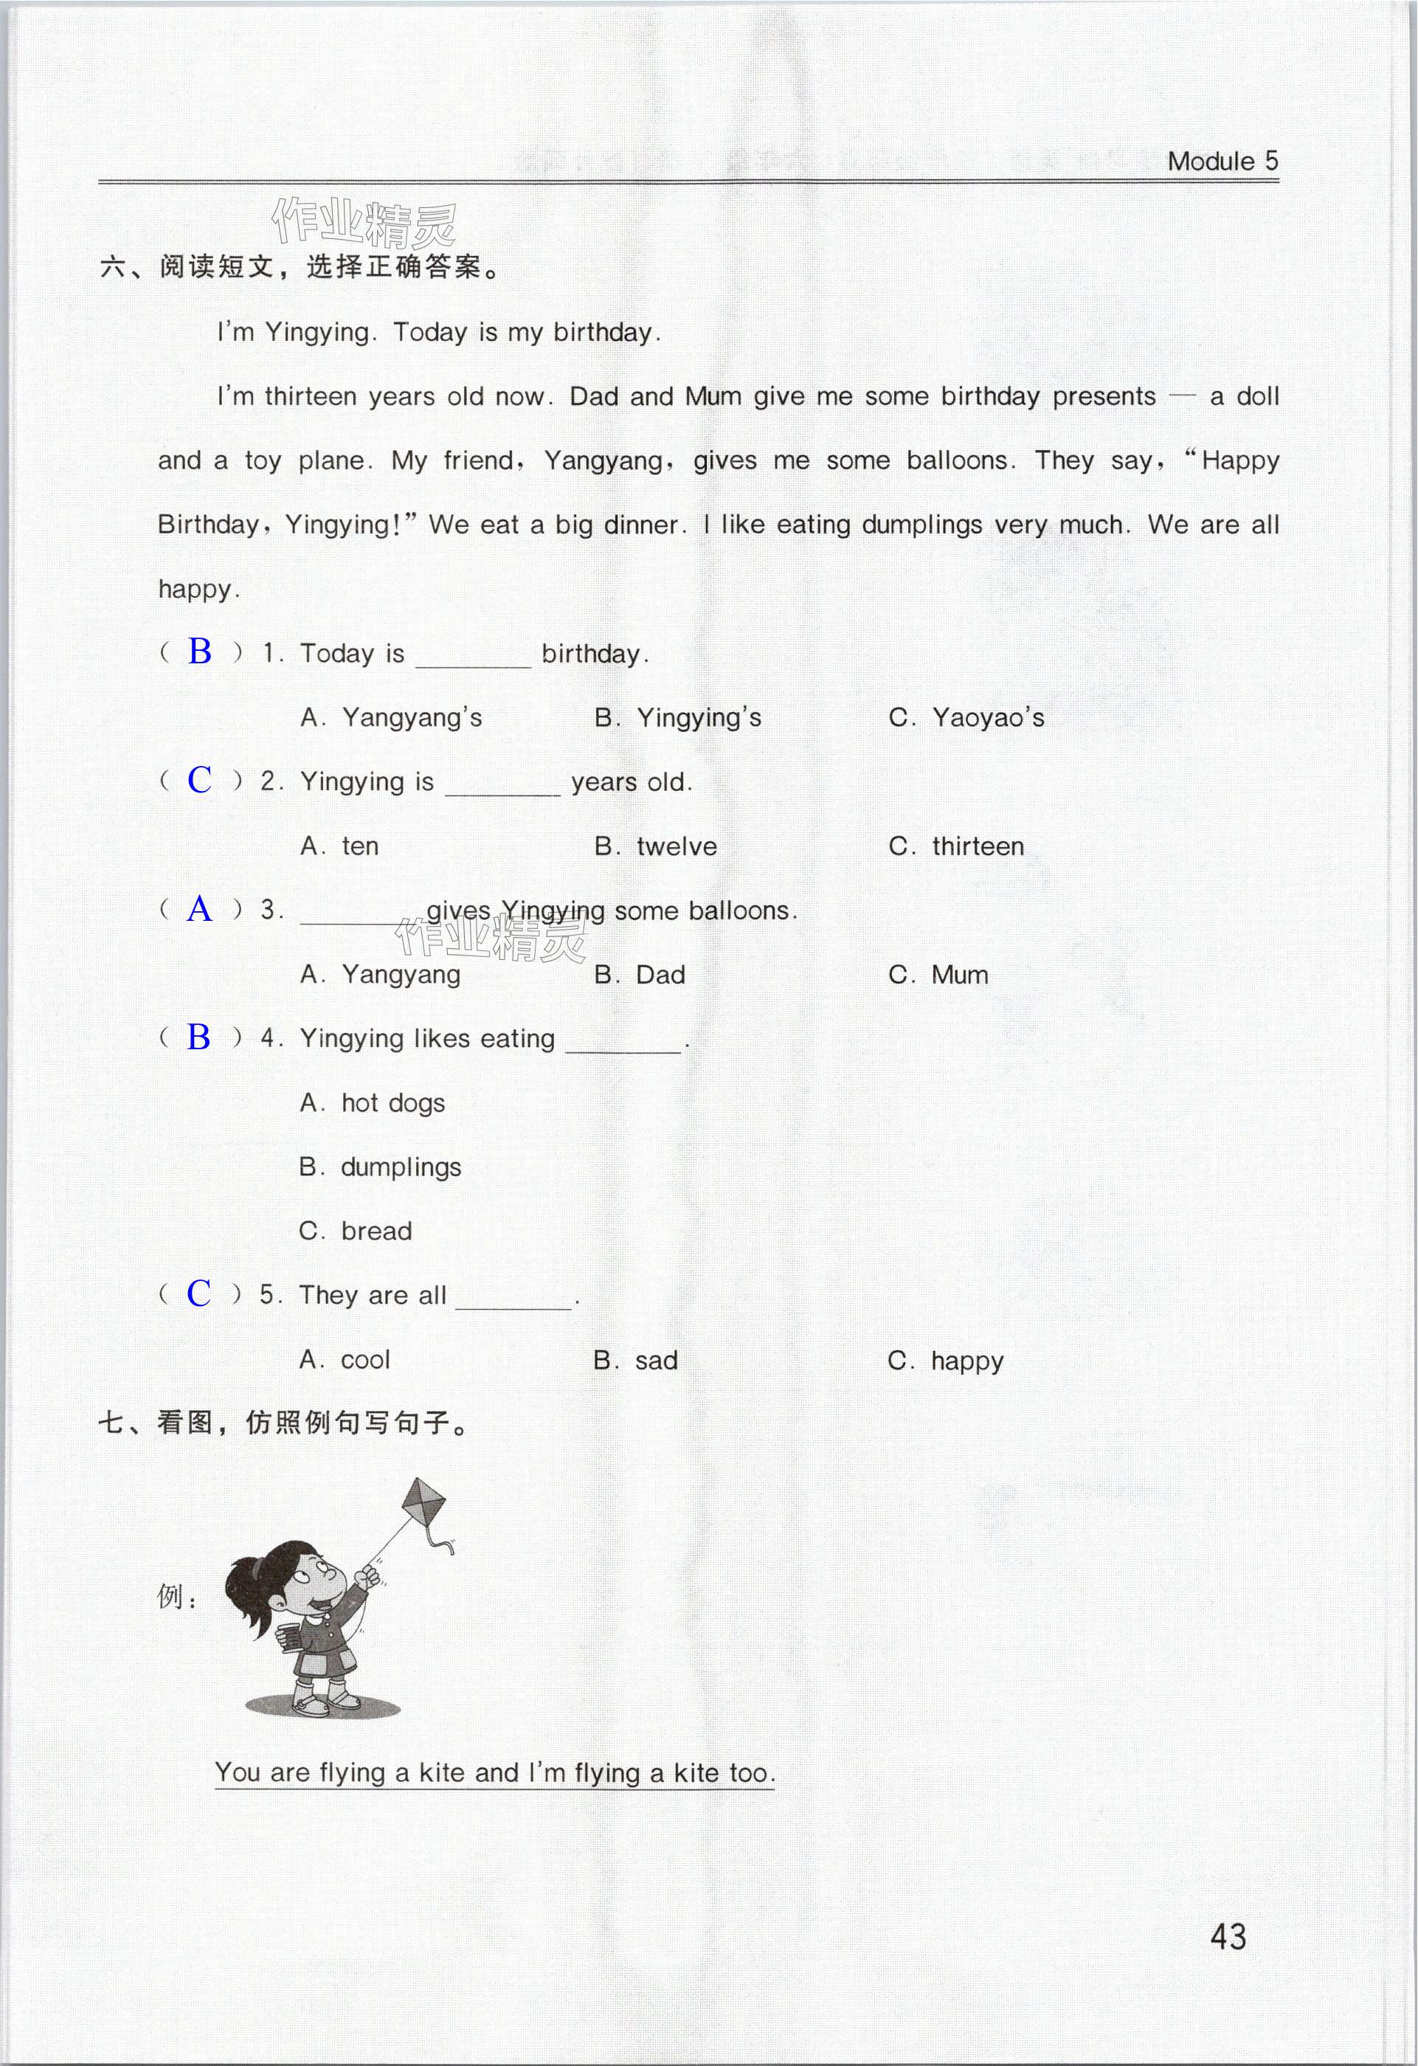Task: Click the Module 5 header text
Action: [x=1222, y=161]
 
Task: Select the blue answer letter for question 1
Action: [x=199, y=652]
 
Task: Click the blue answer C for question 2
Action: [x=199, y=780]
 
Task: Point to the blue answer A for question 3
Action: [x=199, y=908]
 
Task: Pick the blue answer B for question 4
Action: [x=199, y=1037]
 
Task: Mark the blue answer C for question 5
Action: [x=199, y=1293]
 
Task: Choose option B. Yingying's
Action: [x=677, y=717]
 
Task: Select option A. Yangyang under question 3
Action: [x=381, y=974]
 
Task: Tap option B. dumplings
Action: [x=381, y=1167]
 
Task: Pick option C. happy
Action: [x=945, y=1360]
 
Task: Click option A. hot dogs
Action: [x=373, y=1102]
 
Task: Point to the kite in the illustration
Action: [x=424, y=1503]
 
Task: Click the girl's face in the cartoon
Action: [x=316, y=1583]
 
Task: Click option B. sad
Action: [x=636, y=1360]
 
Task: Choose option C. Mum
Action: [x=938, y=974]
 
